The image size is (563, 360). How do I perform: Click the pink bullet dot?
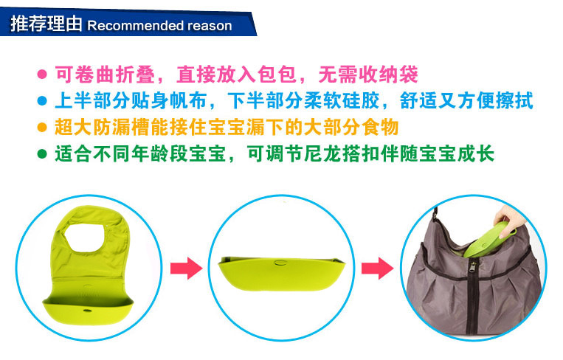point(42,75)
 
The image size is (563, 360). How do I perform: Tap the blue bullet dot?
point(42,101)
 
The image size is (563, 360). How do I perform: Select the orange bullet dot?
point(42,127)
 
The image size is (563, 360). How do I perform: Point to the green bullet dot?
point(42,154)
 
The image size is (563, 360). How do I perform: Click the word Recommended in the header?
point(135,26)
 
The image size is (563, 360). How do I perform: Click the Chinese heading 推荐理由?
point(46,24)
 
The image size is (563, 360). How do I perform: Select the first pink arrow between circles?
point(187,268)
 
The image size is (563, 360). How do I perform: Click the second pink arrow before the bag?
point(377,268)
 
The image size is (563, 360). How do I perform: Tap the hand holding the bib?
point(506,218)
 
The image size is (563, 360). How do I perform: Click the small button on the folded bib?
point(280,263)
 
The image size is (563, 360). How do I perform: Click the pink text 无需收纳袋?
point(368,75)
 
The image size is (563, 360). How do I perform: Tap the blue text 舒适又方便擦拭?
point(466,101)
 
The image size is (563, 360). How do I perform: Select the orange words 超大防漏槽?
point(102,128)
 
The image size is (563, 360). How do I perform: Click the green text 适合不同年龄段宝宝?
point(140,154)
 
